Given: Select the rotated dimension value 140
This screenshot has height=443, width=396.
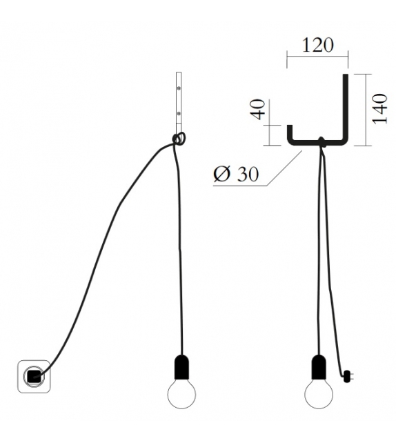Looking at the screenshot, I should coord(379,108).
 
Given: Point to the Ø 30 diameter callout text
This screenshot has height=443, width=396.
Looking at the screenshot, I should coord(235,175).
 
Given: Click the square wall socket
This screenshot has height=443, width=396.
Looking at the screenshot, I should coord(34,376).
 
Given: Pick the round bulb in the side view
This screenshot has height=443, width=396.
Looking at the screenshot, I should coord(181,395).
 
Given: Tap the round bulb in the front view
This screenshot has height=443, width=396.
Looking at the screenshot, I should coord(319,395).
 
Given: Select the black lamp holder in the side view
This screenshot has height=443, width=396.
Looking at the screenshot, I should coord(181,367).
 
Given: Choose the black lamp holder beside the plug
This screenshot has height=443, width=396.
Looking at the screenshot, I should coord(319,367).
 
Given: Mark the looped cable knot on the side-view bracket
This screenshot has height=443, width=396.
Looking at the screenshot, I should coord(179,139).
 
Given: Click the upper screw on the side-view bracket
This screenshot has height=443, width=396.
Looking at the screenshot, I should coord(179,89).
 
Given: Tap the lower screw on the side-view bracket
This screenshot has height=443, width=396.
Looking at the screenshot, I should coord(179,112).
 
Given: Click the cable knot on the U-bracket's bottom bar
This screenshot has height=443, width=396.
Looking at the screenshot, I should coord(320,144).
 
